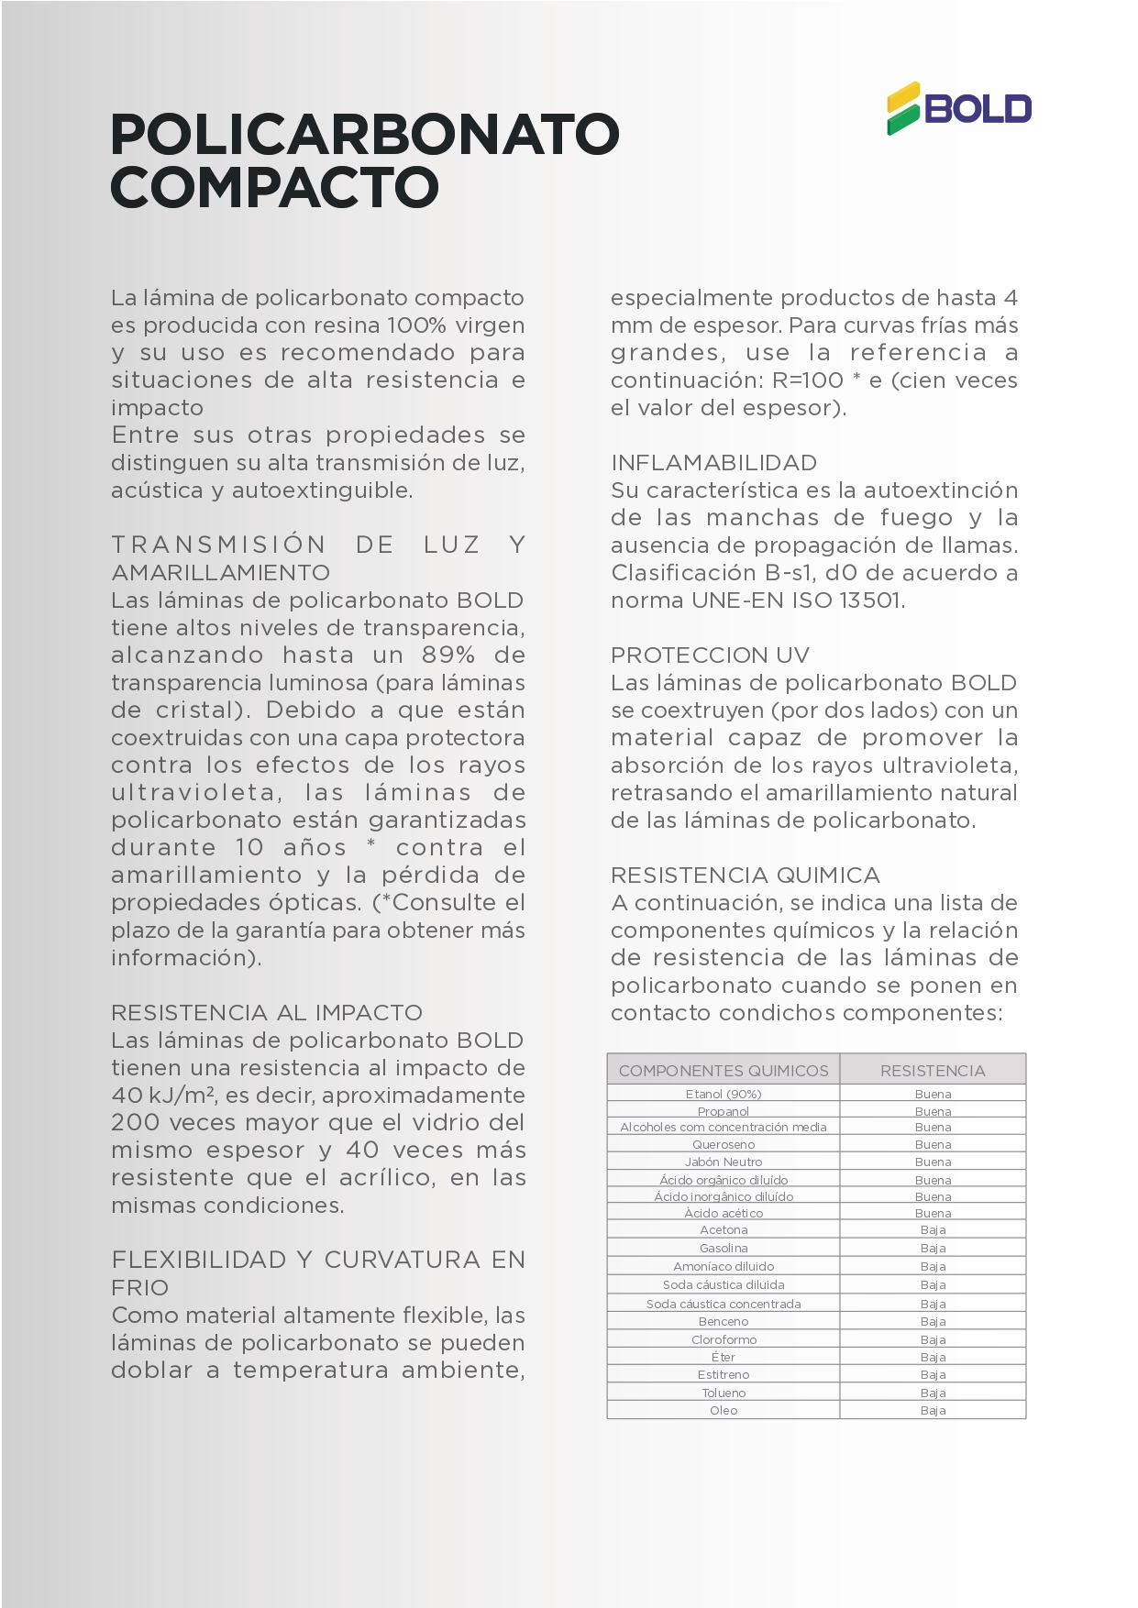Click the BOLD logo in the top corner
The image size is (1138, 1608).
[958, 109]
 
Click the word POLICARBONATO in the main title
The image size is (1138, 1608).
[364, 134]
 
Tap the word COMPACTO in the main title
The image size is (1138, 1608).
[274, 187]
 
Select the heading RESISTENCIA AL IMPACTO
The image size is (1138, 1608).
[267, 1013]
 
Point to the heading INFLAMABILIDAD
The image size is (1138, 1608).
[713, 463]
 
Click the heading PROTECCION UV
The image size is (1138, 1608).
[710, 655]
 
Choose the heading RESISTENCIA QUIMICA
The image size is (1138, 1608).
[745, 876]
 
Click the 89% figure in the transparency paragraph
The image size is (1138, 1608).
[448, 655]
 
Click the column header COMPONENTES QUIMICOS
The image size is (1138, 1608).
[724, 1071]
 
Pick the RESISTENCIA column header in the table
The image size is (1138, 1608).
[933, 1071]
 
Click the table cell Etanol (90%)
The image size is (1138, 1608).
[724, 1094]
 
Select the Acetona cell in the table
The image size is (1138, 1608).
[724, 1230]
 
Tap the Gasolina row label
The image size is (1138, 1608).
[724, 1248]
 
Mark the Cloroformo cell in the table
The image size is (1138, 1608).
[724, 1339]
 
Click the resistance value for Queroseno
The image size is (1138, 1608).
[933, 1144]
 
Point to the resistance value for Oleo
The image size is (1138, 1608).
[933, 1410]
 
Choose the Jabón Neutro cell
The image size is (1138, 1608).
[724, 1162]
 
